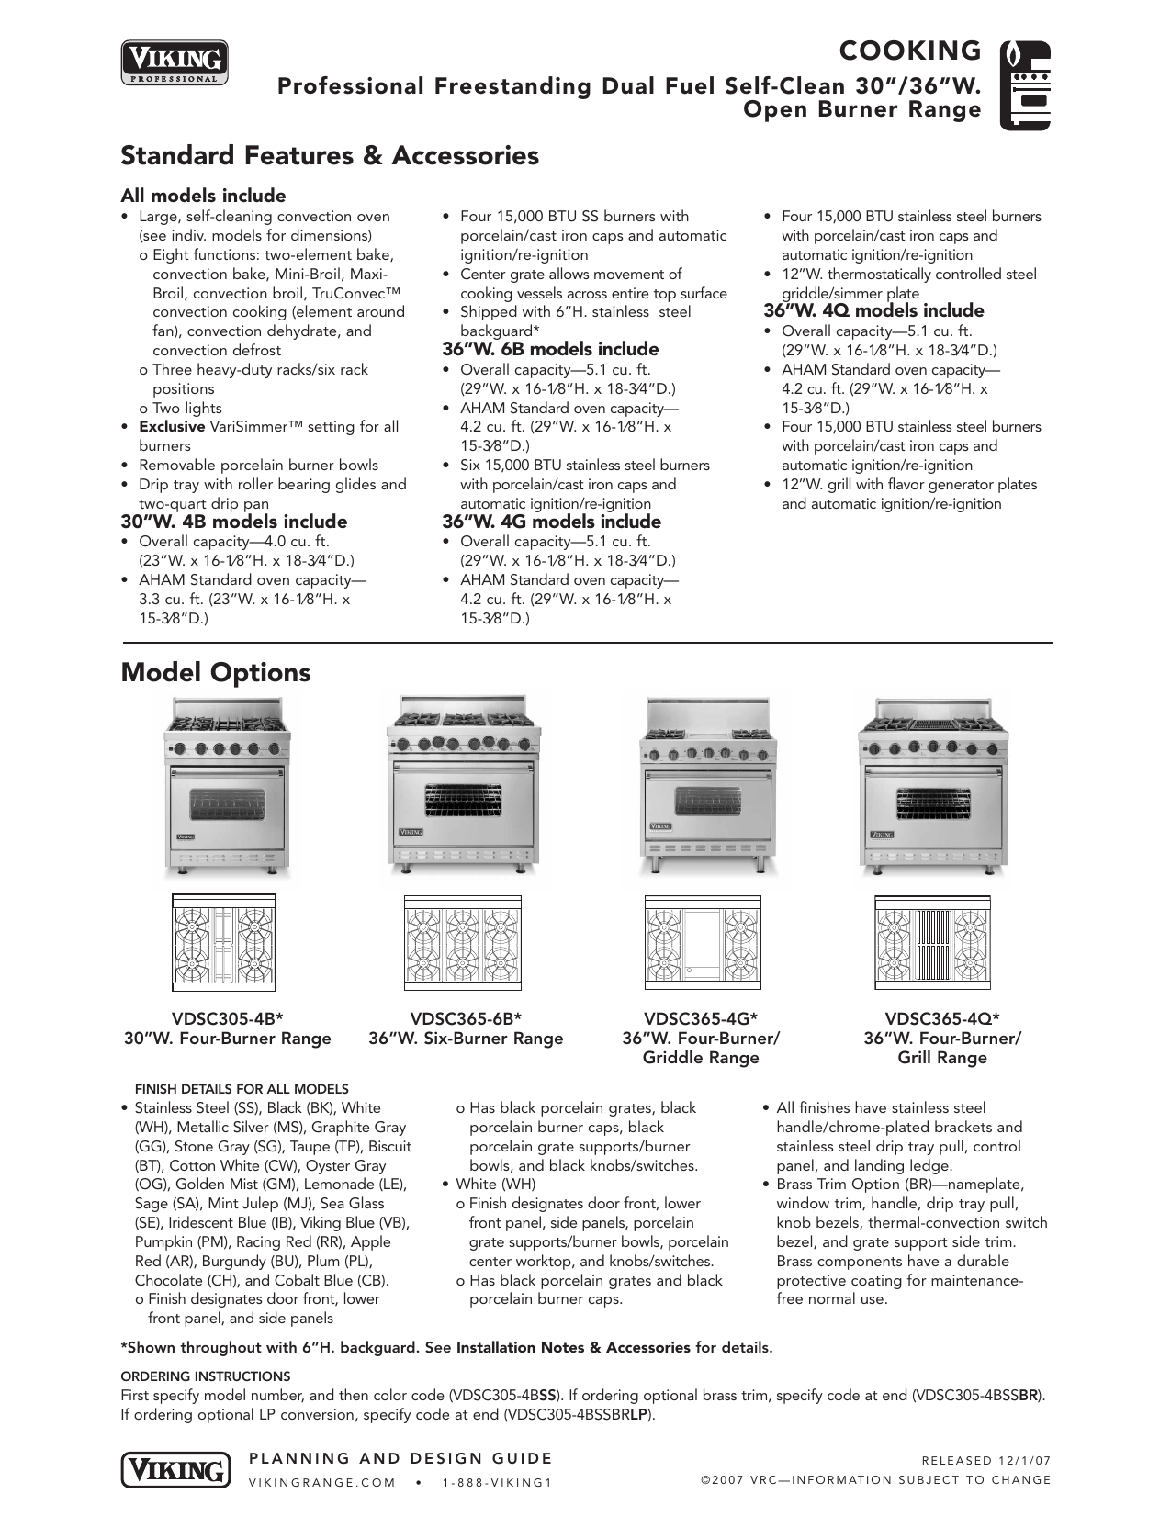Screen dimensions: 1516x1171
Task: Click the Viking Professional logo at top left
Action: coord(175,62)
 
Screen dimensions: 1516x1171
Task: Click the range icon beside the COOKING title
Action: coord(1024,84)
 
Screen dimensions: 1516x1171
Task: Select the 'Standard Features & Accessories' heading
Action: coord(330,155)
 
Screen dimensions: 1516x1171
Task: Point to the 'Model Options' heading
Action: coord(216,672)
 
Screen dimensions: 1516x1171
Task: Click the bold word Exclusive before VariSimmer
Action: coord(171,427)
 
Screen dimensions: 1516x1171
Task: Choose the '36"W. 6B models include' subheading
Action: coord(550,349)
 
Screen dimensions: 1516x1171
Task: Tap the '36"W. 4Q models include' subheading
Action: coord(873,310)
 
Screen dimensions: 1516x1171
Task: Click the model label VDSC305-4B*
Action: coord(227,1018)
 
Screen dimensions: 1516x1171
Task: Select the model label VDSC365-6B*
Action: coord(466,1018)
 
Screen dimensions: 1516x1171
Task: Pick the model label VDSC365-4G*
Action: coord(701,1018)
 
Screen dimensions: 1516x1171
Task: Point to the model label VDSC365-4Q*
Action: coord(942,1018)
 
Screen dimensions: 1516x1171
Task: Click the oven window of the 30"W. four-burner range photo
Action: coord(227,805)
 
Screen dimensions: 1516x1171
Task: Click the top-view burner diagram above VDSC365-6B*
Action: coord(463,945)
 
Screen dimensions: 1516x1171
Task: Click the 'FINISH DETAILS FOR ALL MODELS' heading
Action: coord(242,1089)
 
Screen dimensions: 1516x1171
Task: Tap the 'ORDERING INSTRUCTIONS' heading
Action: coord(206,1376)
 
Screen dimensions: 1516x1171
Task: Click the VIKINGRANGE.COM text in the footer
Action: coord(322,1482)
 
